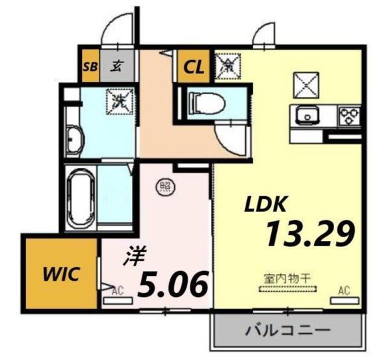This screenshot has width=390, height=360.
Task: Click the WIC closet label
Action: (62, 274)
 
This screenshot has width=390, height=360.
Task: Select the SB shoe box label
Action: (88, 66)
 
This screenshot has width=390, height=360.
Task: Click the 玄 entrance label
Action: (117, 66)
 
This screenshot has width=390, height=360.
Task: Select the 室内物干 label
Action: (289, 278)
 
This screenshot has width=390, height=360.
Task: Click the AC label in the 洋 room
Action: (117, 290)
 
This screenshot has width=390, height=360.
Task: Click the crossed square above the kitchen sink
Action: (305, 83)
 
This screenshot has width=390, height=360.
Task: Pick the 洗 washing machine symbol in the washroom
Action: (119, 101)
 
